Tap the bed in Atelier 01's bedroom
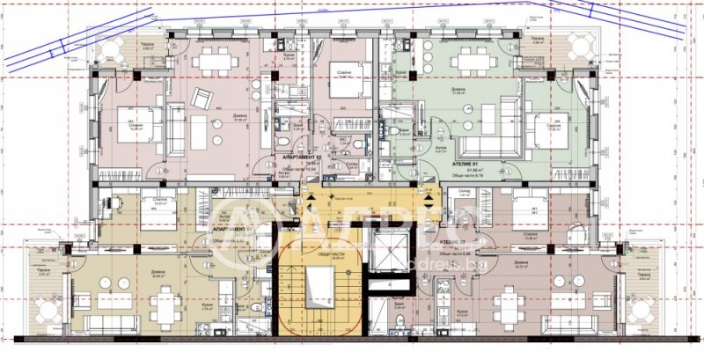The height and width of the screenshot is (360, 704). (x=546, y=122)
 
